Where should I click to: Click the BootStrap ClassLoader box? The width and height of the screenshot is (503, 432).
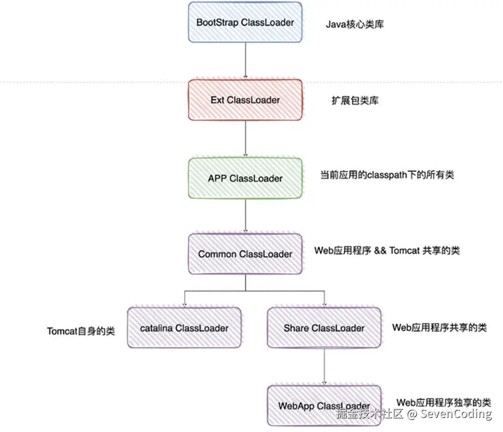245,22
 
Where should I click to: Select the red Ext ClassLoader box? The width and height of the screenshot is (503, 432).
245,100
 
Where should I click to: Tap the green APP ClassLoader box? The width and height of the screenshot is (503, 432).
245,178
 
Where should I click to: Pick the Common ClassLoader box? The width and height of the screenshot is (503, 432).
245,254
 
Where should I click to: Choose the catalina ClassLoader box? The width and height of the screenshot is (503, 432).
184,328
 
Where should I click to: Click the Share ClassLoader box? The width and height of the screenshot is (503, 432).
324,328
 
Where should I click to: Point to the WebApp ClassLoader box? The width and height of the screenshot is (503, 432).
324,406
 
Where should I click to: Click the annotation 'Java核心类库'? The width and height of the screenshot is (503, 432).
355,25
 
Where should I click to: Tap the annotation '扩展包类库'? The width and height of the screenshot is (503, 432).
355,101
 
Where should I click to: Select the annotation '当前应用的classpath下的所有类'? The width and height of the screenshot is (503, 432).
387,175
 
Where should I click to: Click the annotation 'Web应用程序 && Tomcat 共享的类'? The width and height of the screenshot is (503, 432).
387,250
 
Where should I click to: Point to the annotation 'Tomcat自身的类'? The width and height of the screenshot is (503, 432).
81,331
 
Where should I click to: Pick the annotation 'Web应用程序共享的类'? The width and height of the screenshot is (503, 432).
439,328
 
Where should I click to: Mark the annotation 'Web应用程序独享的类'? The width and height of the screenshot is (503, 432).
444,402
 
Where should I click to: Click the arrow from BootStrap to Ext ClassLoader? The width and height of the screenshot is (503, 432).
246,61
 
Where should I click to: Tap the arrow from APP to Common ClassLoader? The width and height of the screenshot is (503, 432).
246,216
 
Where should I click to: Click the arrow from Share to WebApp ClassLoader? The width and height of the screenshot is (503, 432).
324,366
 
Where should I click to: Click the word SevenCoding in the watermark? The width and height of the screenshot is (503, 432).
456,414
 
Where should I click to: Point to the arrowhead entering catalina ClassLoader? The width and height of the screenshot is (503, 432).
185,305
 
